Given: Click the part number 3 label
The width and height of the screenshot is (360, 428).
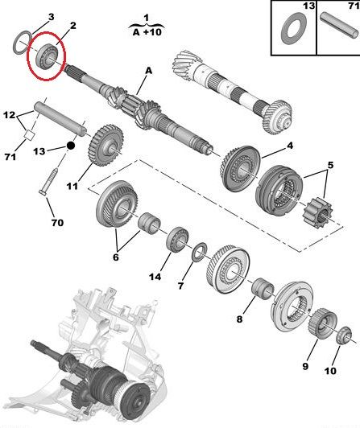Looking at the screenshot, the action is pyautogui.click(x=51, y=17).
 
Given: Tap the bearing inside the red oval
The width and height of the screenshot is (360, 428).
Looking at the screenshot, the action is pyautogui.click(x=48, y=56).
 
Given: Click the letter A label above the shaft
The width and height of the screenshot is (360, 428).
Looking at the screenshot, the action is pyautogui.click(x=148, y=71).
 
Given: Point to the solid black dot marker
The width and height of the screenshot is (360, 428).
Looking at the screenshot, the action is pyautogui.click(x=71, y=146).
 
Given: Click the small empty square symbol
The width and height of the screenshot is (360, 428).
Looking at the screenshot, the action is pyautogui.click(x=29, y=135).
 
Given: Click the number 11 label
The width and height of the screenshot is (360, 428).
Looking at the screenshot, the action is pyautogui.click(x=72, y=186).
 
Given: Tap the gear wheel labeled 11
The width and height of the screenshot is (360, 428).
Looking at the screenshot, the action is pyautogui.click(x=106, y=145).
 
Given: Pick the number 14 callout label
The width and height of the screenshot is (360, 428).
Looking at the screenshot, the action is pyautogui.click(x=155, y=277).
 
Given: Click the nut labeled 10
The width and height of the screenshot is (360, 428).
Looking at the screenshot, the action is pyautogui.click(x=344, y=335).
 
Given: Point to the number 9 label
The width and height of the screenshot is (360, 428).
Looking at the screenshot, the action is pyautogui.click(x=305, y=366).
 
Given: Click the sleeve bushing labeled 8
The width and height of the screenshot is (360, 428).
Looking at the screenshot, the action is pyautogui.click(x=263, y=289).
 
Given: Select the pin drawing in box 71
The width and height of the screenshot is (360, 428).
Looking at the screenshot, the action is pyautogui.click(x=339, y=26).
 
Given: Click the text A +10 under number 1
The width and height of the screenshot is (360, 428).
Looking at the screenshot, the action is pyautogui.click(x=147, y=32).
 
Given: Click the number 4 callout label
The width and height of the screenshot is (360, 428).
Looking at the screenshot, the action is pyautogui.click(x=290, y=146).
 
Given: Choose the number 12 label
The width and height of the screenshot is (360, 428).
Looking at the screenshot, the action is pyautogui.click(x=9, y=115).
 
